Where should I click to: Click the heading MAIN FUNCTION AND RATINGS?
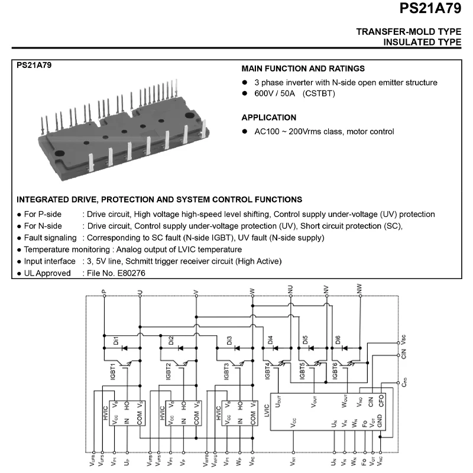click(303, 69)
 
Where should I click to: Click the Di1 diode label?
click(116, 340)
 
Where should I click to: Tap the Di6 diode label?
click(339, 340)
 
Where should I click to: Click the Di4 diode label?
click(270, 340)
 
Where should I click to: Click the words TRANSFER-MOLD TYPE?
click(409, 31)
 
